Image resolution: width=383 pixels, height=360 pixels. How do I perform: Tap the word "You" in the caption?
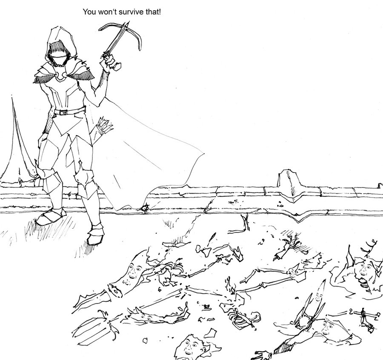click(x=89, y=12)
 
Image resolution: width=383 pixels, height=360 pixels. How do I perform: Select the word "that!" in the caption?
click(x=153, y=12)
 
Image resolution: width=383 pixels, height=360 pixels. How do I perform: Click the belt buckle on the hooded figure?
click(x=63, y=112)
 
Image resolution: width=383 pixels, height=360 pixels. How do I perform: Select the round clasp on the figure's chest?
click(x=60, y=76)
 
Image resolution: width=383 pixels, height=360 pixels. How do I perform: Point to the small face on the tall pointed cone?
click(x=318, y=296)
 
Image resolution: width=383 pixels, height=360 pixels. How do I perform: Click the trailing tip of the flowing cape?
click(x=203, y=154)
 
